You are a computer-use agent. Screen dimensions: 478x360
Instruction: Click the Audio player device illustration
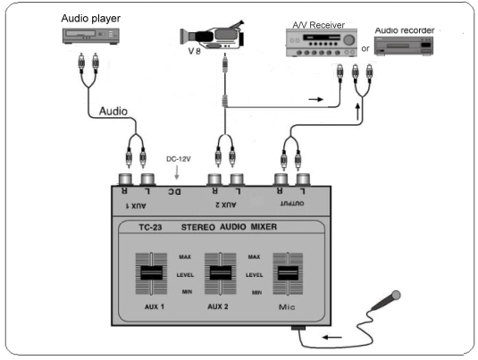pos(91,37)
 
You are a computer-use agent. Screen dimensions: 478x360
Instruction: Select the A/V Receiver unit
pos(322,43)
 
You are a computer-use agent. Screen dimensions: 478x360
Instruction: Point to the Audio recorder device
pos(404,46)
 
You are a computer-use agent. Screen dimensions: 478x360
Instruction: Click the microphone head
pos(396,295)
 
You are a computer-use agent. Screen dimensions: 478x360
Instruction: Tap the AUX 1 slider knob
pos(151,272)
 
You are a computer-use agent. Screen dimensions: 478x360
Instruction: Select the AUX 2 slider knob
pos(221,272)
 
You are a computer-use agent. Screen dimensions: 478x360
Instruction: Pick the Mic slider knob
pos(288,272)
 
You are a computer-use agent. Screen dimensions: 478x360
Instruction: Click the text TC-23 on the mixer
pos(150,228)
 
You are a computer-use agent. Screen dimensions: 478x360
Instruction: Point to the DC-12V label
pos(179,159)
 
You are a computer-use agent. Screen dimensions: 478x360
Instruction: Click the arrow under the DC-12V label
pos(177,172)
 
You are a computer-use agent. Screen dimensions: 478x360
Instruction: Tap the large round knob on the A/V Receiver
pos(349,39)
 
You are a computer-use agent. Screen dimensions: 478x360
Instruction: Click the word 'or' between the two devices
pos(365,48)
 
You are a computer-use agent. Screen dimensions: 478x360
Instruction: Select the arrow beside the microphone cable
pos(332,337)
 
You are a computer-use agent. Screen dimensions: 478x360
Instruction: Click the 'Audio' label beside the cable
pos(113,112)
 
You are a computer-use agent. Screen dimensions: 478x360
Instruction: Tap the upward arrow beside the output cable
pos(358,112)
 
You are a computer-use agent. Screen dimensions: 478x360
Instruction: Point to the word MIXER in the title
pos(264,227)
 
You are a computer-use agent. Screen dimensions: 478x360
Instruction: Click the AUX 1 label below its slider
pos(155,306)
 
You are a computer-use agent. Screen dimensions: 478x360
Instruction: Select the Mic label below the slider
pos(287,307)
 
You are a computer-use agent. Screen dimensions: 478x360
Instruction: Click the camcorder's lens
pos(185,36)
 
